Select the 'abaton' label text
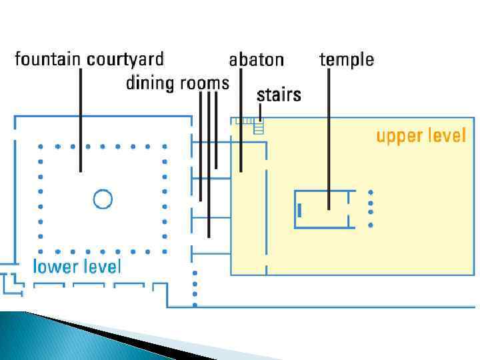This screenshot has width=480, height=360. tap(256, 60)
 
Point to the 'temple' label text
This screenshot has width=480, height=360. tap(346, 60)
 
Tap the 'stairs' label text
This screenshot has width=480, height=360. tap(279, 95)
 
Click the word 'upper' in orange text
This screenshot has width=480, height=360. tap(399, 136)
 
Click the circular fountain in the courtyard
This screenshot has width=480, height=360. tap(102, 199)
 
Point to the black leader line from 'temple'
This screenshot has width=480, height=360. tap(329, 133)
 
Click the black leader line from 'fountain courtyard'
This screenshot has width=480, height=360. tap(81, 120)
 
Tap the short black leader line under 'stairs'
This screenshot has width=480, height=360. tap(260, 111)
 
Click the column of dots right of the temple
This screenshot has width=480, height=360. tap(371, 209)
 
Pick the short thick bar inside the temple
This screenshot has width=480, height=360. tap(300, 210)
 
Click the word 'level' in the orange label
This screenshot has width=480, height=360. tap(445, 136)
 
